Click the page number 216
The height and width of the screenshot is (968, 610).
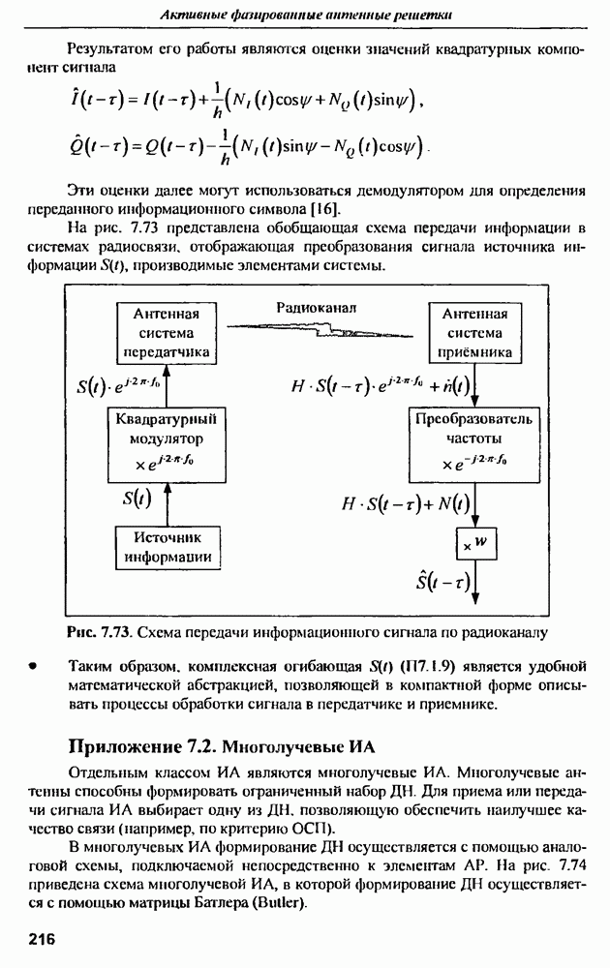tap(43, 938)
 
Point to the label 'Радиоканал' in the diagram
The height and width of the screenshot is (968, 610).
tap(318, 307)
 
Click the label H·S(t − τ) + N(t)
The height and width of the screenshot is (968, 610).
tap(407, 502)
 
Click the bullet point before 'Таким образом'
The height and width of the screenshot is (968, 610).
tap(33, 666)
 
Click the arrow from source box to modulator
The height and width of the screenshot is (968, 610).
tap(168, 500)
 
